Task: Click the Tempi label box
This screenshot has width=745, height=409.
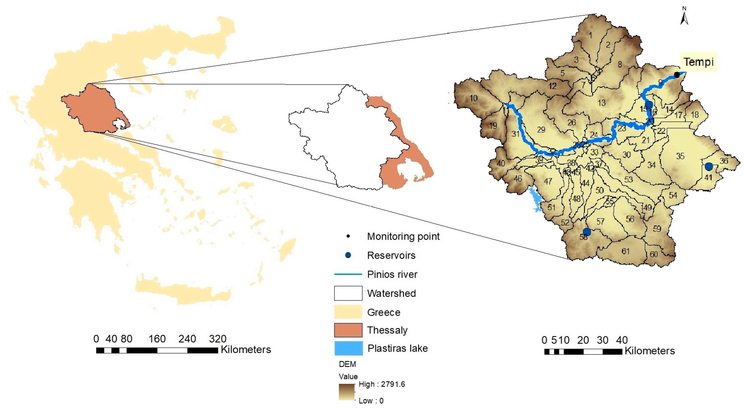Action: tap(698, 62)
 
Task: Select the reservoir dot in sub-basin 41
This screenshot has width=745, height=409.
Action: tap(709, 166)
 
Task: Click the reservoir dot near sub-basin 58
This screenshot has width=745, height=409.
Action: tap(586, 232)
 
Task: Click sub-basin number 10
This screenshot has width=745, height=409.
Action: tap(473, 98)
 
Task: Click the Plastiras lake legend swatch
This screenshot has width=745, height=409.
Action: tap(348, 348)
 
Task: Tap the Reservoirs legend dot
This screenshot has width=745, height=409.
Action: tap(348, 255)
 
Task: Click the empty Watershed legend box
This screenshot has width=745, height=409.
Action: tap(348, 293)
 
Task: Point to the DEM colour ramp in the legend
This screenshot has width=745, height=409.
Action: tap(347, 392)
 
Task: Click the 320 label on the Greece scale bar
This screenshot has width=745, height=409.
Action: tap(217, 339)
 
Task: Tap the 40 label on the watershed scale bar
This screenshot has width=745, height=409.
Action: tap(622, 340)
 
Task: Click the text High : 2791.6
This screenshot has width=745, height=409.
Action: tap(382, 384)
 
